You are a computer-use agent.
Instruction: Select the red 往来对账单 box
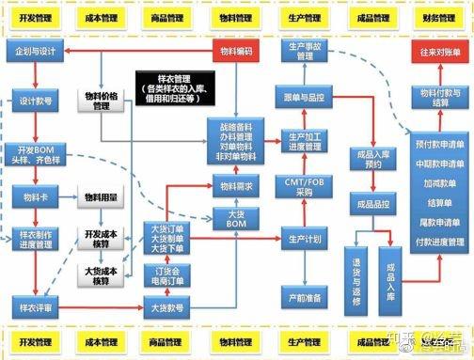pos(438,52)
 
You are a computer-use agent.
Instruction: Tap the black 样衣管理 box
pos(171,87)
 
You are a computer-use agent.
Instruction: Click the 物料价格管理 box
pos(102,101)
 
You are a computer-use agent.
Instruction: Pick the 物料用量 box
pos(102,197)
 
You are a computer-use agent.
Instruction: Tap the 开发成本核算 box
pos(102,239)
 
